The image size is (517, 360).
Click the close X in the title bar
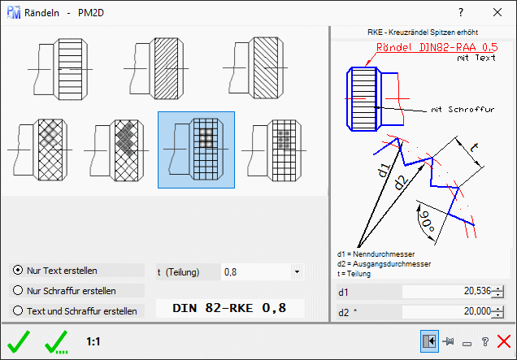pos(497,12)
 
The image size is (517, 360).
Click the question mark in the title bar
pos(461,12)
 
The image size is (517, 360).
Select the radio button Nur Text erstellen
pos(18,270)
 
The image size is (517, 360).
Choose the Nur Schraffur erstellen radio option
pos(18,290)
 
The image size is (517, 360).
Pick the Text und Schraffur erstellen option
pos(18,310)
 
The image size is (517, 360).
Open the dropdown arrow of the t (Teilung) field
pos(297,271)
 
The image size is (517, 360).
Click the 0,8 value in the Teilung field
pos(252,271)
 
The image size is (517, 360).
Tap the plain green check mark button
pos(18,342)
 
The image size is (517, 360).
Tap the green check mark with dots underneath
pos(56,342)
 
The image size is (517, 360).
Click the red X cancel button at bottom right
pos(504,342)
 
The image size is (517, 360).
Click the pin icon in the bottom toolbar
pos(448,342)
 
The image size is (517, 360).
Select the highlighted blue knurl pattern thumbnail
pos(196,150)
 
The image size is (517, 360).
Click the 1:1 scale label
pos(94,342)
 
